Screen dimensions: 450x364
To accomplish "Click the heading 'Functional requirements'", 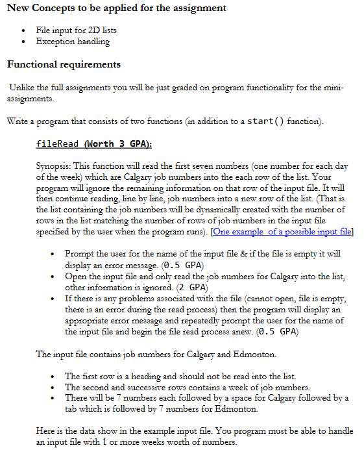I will [63, 64].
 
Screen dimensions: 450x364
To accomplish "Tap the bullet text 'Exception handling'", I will [73, 42].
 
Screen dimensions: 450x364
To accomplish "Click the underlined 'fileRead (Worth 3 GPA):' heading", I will [93, 143].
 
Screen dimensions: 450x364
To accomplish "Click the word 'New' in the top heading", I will [19, 8].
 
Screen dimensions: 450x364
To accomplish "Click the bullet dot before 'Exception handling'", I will [24, 42].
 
